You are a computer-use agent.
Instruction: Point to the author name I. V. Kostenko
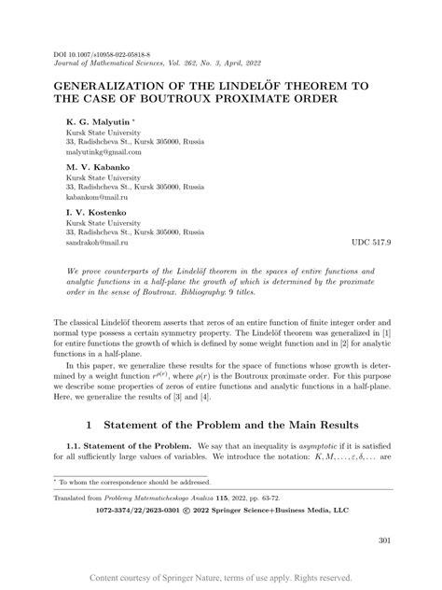[x=98, y=212]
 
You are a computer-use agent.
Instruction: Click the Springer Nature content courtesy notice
[x=221, y=578]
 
